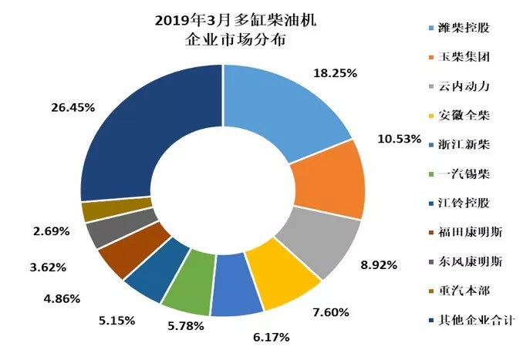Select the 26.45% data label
(x=74, y=107)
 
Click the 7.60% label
(x=330, y=312)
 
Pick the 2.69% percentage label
(x=51, y=230)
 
